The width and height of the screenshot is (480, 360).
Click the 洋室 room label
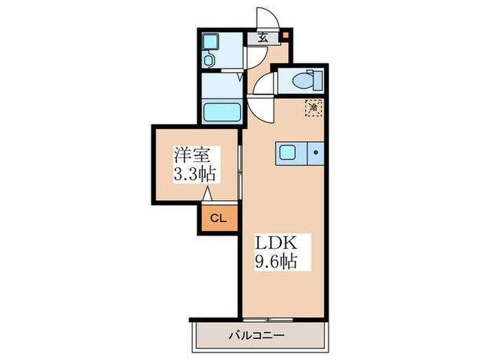click(192, 155)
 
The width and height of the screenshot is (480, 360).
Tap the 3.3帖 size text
click(195, 174)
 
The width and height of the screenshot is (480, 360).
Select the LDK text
click(276, 243)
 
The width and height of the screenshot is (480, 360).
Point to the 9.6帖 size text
click(276, 261)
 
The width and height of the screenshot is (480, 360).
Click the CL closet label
click(219, 218)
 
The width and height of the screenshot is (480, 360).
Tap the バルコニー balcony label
click(256, 335)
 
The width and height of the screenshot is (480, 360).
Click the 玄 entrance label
click(263, 38)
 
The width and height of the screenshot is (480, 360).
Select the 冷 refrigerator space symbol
click(313, 108)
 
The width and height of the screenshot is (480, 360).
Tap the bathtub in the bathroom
click(222, 112)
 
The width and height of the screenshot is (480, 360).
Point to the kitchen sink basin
click(287, 152)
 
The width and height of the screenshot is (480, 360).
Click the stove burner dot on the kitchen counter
click(316, 152)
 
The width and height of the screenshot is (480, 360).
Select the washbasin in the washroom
click(208, 60)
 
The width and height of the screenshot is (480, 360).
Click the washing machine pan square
click(211, 42)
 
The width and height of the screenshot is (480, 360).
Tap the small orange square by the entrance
click(285, 34)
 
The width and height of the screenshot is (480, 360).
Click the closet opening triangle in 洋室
click(207, 193)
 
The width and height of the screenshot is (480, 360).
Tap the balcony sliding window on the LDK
click(268, 320)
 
